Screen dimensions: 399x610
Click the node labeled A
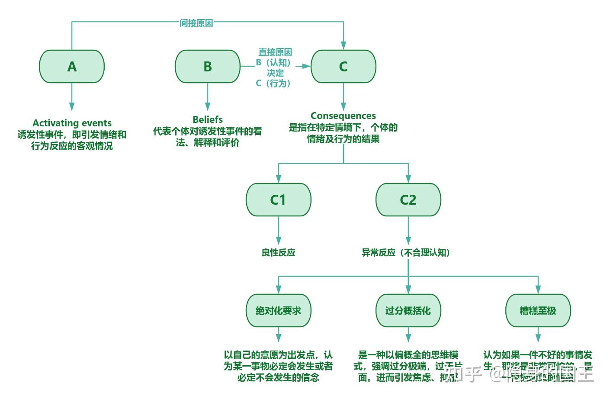click(x=72, y=66)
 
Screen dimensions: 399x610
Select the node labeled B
click(x=207, y=66)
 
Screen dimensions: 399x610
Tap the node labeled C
click(x=343, y=66)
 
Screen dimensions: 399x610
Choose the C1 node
click(x=278, y=199)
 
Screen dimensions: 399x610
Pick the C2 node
click(x=408, y=199)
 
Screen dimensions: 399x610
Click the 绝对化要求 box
click(x=278, y=310)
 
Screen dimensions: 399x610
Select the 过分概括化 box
click(x=408, y=310)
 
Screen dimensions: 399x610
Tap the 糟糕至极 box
click(x=538, y=310)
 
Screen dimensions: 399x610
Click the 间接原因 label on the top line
click(x=196, y=23)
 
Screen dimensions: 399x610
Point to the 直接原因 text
click(x=275, y=52)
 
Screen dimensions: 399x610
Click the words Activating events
click(x=72, y=123)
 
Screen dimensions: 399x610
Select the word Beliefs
click(x=208, y=119)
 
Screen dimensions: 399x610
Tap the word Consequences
click(x=343, y=116)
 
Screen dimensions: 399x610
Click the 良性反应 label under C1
click(x=278, y=252)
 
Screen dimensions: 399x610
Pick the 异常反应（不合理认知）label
click(x=406, y=252)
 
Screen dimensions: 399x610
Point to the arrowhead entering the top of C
click(x=344, y=45)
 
